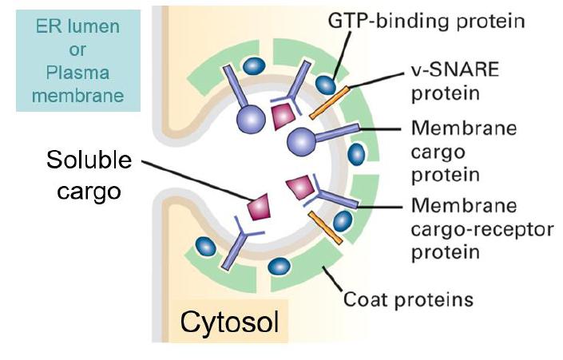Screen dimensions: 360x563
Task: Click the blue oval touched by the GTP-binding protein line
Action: (x=324, y=83)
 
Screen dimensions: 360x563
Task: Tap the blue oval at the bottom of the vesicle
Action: (x=280, y=267)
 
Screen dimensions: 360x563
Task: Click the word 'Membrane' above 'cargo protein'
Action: (x=452, y=129)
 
